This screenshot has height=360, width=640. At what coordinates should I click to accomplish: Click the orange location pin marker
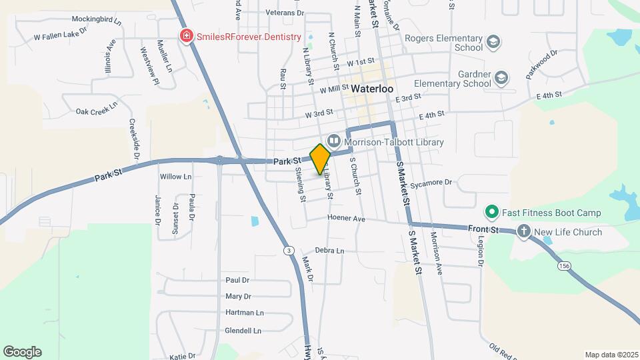(x=320, y=159)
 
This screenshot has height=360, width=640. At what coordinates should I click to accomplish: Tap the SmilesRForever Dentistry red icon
(x=187, y=37)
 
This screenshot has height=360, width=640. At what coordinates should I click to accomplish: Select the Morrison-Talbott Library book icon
(x=333, y=141)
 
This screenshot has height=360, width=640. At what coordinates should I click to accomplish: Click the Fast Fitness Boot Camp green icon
(x=492, y=213)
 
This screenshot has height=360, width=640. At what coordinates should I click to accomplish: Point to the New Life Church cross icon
(x=524, y=232)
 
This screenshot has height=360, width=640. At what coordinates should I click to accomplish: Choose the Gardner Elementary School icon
(x=501, y=79)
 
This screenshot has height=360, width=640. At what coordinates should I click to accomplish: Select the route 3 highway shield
(x=288, y=251)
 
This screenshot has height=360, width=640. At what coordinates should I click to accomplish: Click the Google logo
(x=22, y=352)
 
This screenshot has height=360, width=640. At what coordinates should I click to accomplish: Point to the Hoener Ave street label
(x=346, y=218)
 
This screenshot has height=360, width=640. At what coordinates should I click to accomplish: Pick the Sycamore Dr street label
(x=431, y=182)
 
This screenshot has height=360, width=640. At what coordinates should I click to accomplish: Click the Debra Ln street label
(x=329, y=251)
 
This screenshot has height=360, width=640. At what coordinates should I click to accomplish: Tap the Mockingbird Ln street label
(x=97, y=21)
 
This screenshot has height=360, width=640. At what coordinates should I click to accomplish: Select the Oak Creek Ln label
(x=97, y=111)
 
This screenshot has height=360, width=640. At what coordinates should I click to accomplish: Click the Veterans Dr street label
(x=284, y=13)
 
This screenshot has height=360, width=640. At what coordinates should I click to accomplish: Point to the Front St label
(x=483, y=229)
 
